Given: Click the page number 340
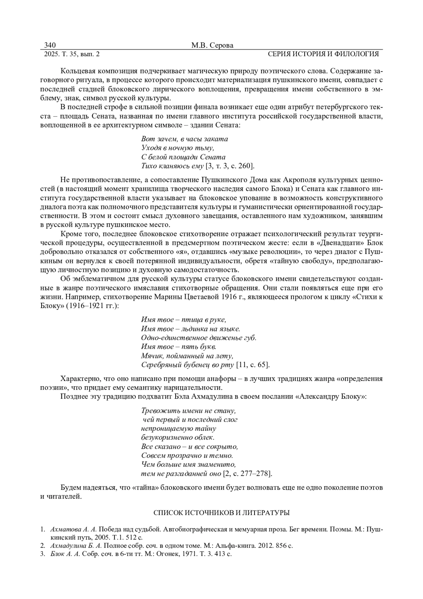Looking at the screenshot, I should (50, 45).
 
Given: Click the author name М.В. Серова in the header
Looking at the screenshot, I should (212, 45).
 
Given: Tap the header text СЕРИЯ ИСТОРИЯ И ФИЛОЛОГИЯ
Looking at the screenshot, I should (323, 54).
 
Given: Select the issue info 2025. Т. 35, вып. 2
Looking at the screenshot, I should (72, 54).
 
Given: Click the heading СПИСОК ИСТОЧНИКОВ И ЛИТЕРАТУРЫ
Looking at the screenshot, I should (222, 513).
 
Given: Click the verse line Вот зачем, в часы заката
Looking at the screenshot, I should (184, 139).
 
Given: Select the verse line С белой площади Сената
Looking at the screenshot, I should (183, 157).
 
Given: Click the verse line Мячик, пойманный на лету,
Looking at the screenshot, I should (188, 356).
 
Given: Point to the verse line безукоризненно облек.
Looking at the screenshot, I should (178, 437).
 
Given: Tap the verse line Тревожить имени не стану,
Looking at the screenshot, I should (188, 411).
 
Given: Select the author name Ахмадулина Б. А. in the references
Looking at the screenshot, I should (76, 546).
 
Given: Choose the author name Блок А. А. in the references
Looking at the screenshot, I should (65, 554).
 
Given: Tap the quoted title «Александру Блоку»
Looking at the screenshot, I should (332, 397).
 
